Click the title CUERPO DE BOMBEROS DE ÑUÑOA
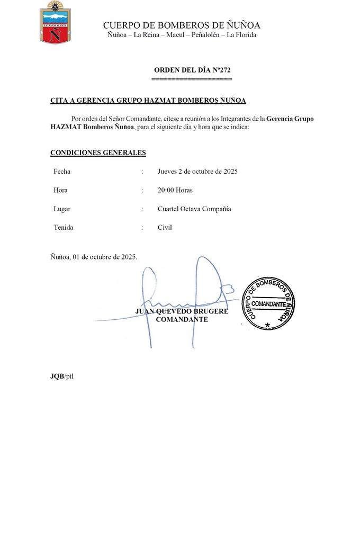click(182, 25)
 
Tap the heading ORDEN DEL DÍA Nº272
click(192, 70)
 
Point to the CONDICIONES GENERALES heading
click(98, 152)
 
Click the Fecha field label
click(62, 172)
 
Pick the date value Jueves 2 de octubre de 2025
click(197, 172)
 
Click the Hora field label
click(60, 190)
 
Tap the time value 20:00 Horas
click(175, 190)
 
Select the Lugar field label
click(62, 209)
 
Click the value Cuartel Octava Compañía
click(194, 209)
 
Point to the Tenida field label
click(63, 228)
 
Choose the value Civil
click(165, 228)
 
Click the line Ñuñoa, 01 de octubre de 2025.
click(94, 257)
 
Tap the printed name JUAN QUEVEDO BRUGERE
click(182, 311)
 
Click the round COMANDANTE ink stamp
click(268, 303)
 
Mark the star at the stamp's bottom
click(267, 325)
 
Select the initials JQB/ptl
click(62, 376)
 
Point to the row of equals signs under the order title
click(192, 78)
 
